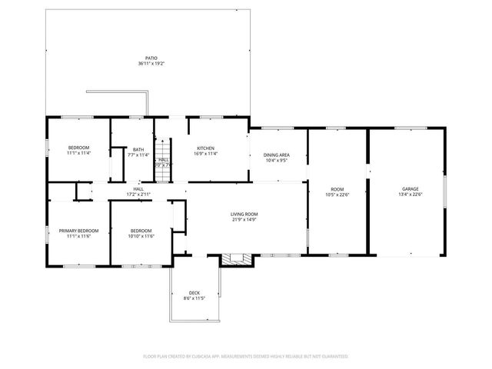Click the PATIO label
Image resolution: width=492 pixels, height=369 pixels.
152,58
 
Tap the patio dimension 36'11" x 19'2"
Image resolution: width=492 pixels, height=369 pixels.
152,63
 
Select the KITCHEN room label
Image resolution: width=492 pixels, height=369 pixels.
205,148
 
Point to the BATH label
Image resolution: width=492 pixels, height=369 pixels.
138,149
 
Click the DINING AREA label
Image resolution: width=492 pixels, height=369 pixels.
276,155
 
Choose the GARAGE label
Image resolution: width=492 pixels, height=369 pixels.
411,188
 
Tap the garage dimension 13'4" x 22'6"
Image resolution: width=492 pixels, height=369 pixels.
411,194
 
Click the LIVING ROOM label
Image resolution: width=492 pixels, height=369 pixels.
244,214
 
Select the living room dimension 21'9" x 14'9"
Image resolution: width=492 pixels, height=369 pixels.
244,219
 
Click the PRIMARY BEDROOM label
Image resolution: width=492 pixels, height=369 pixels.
78,231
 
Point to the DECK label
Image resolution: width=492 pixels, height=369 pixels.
194,292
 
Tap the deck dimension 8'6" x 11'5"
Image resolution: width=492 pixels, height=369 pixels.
194,298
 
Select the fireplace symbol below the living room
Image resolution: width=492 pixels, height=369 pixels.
236,260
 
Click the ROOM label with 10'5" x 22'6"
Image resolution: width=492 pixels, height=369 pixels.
337,188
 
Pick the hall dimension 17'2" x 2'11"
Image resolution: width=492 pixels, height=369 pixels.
138,194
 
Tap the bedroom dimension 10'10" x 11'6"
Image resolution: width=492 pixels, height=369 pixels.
141,236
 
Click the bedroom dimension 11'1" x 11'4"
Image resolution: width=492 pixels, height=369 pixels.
78,153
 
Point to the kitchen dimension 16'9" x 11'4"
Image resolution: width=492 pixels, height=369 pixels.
205,154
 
